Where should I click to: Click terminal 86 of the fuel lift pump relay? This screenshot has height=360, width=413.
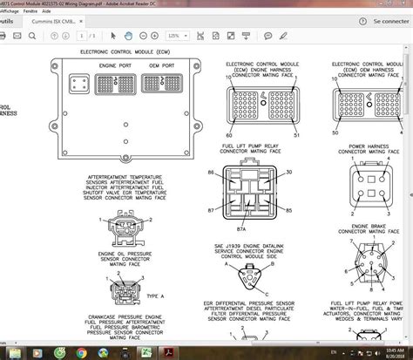pyautogui.click(x=210, y=173)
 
